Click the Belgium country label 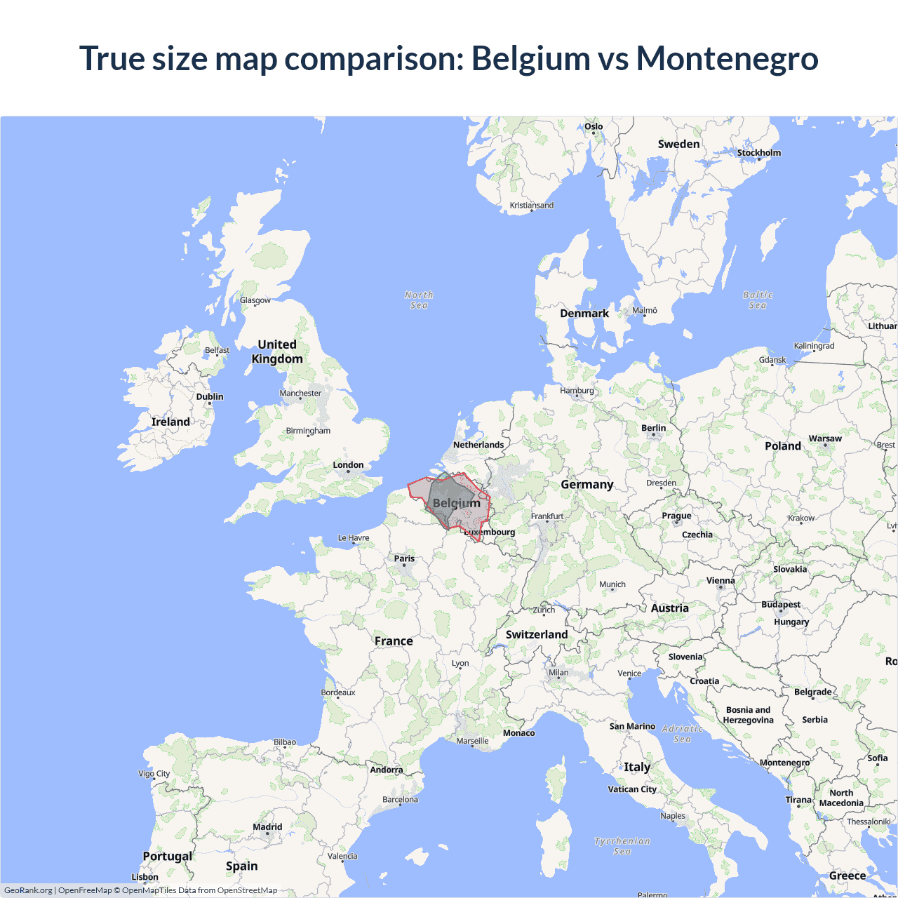[x=457, y=503]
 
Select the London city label [x=348, y=465]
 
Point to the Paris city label [x=404, y=559]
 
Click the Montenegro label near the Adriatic [x=784, y=763]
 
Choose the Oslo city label [x=594, y=127]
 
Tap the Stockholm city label [x=758, y=153]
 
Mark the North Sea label [x=419, y=300]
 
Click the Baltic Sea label [x=758, y=300]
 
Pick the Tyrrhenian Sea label [x=622, y=846]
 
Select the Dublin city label [x=210, y=397]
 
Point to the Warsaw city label [x=825, y=438]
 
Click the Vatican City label [x=632, y=789]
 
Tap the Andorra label [x=387, y=770]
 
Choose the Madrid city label [x=267, y=827]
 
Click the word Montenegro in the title [x=727, y=58]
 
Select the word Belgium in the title [x=530, y=58]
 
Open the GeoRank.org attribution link [x=28, y=890]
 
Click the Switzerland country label [x=537, y=635]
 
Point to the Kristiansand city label [x=532, y=206]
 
